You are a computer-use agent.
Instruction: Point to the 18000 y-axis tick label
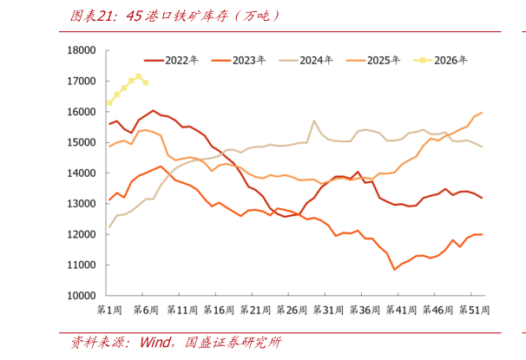(81, 50)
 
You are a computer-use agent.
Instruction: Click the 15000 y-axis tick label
(81, 142)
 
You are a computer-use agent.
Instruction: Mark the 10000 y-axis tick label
(81, 296)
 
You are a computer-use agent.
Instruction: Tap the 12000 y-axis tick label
(81, 234)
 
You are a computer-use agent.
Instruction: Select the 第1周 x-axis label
(109, 310)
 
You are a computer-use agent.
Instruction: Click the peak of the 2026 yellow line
(138, 76)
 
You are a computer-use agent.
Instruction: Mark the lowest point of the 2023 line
(394, 270)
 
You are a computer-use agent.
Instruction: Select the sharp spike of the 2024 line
(313, 121)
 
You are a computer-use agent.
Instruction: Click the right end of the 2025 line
(482, 113)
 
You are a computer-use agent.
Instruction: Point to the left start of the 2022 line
(109, 124)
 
